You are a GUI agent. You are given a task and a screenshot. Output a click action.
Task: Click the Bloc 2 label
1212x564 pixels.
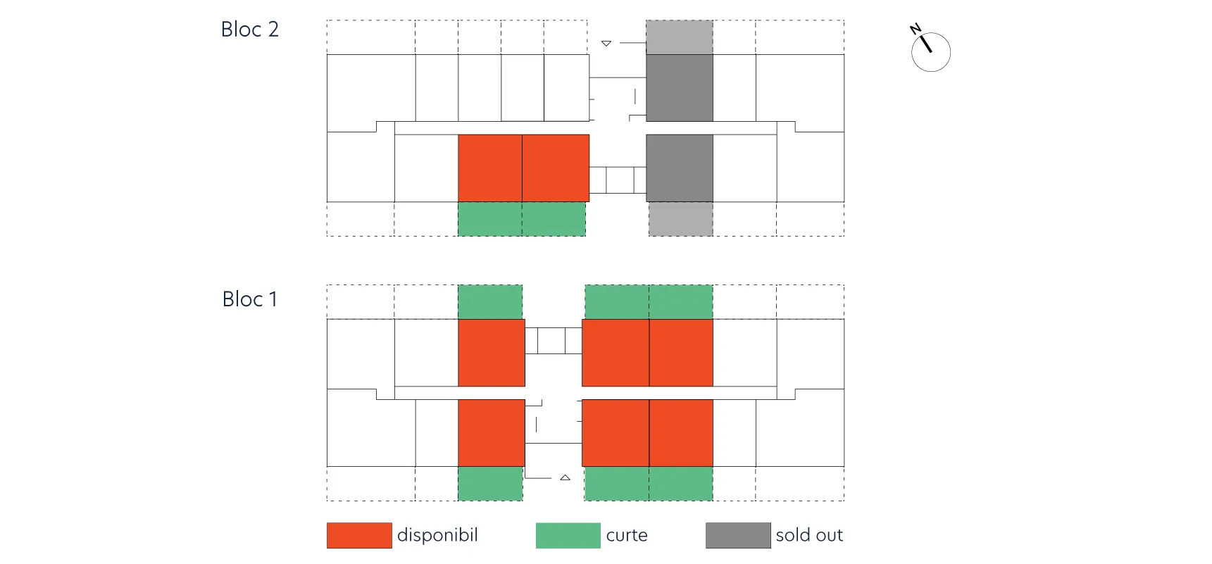(250, 30)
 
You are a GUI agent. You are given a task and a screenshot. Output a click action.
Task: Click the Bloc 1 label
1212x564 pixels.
(250, 299)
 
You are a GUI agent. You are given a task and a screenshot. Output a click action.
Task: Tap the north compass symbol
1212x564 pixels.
(930, 49)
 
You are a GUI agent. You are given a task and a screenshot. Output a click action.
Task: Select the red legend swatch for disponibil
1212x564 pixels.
(359, 535)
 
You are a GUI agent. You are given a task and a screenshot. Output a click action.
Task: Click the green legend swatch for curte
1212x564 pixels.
(568, 535)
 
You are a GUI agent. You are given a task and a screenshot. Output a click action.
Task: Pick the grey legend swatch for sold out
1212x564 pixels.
(738, 535)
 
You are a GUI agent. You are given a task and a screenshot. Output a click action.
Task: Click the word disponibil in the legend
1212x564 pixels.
(437, 535)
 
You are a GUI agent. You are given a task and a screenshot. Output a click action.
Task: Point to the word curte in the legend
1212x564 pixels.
(627, 536)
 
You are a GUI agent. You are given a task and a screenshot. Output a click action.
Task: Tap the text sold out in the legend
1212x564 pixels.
(809, 536)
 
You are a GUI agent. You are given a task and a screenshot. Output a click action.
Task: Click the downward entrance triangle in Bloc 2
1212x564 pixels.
(606, 44)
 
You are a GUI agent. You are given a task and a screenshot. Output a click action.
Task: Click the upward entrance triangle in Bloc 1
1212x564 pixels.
(565, 477)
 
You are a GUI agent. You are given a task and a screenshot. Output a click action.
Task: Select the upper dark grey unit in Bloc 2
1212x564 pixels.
(680, 88)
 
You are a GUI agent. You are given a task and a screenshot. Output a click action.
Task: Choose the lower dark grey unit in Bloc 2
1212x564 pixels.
(680, 168)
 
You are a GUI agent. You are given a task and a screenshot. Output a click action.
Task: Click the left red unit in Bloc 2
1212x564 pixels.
(490, 168)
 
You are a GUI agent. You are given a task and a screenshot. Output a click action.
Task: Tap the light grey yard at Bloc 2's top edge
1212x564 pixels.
(680, 37)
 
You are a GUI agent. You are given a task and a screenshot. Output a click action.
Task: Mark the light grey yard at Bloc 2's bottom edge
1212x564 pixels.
(681, 219)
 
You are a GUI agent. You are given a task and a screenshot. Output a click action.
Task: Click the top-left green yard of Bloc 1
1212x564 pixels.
(490, 302)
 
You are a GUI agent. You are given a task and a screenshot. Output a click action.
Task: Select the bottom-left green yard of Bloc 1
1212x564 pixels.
(490, 484)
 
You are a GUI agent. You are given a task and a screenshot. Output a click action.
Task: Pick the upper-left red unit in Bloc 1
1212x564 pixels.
(492, 353)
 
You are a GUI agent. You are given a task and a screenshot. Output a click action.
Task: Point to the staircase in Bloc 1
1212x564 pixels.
(554, 341)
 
